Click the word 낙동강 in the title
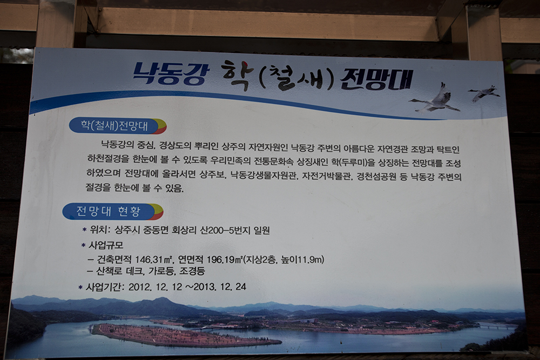coord(171,73)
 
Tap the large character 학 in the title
coord(237,75)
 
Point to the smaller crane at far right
coord(483,93)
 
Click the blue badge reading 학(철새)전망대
coord(117,126)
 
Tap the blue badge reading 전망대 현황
coord(113,212)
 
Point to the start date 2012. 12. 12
coord(155,287)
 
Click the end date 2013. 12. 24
coord(220,287)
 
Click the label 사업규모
coord(106,246)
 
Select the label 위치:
coord(100,229)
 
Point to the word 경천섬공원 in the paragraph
coord(376,176)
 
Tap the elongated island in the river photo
coord(186,335)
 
